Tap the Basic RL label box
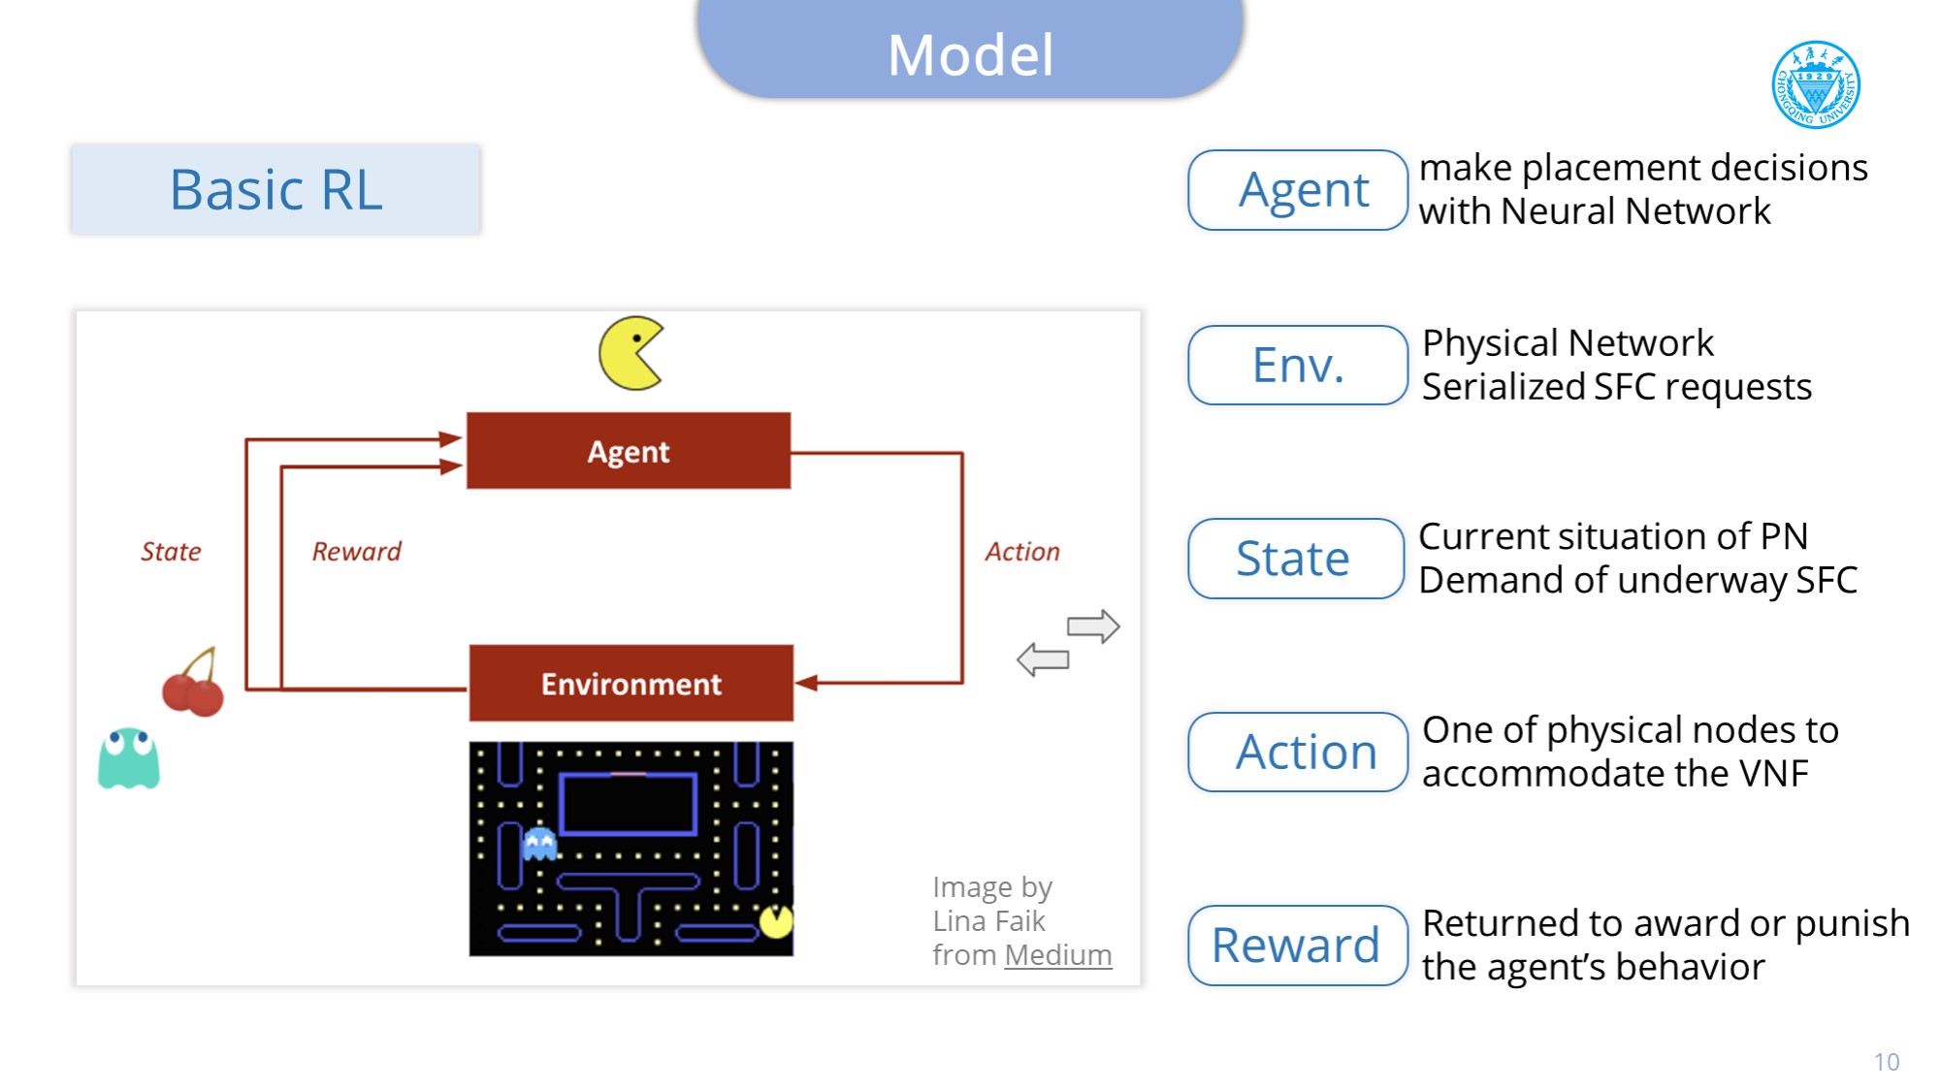click(275, 189)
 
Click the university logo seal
click(1816, 84)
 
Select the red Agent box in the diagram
click(629, 451)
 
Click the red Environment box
click(631, 684)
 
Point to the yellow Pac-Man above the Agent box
click(631, 353)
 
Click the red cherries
click(193, 686)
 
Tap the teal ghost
click(128, 758)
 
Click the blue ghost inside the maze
click(539, 843)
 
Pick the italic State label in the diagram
click(171, 552)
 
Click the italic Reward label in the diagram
click(356, 552)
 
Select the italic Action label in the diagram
click(1022, 552)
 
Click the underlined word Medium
click(1058, 955)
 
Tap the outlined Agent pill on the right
click(1297, 190)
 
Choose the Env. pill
click(1297, 366)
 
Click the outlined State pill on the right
click(1295, 559)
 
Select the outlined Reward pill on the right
click(1297, 946)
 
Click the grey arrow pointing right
click(1093, 626)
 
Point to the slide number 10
click(1886, 1062)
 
